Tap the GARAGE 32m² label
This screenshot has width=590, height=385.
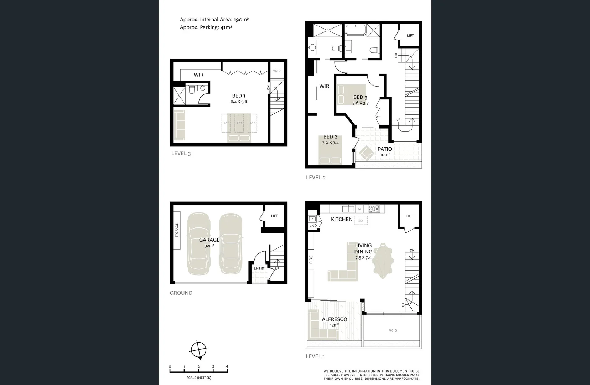[209, 242]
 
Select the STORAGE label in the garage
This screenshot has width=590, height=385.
[177, 230]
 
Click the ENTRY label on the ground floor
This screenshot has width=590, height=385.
[259, 268]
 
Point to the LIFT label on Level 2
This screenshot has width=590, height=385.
[410, 36]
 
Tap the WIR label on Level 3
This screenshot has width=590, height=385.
[198, 75]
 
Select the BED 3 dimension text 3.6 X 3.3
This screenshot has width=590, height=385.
[360, 103]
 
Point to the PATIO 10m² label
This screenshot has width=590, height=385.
[384, 151]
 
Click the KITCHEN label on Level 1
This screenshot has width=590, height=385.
[341, 219]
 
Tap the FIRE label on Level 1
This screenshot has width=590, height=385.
[311, 259]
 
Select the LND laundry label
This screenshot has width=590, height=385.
[313, 226]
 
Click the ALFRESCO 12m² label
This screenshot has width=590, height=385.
[334, 322]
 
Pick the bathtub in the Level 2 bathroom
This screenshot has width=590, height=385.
[355, 30]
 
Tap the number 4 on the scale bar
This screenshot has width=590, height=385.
[227, 366]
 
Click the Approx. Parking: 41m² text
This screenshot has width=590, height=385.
[206, 27]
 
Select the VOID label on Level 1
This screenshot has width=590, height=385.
[393, 330]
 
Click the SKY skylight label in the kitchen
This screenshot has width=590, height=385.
[361, 221]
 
